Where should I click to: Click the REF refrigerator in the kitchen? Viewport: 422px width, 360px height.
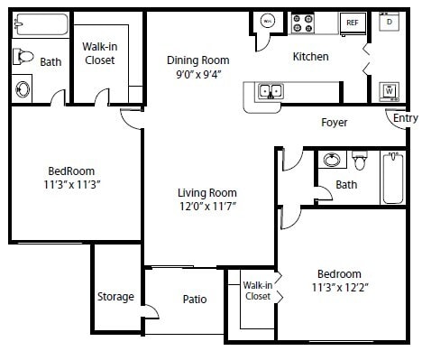click(x=352, y=22)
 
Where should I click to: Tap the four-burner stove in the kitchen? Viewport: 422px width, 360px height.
click(x=302, y=21)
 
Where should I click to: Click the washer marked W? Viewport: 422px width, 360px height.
click(x=389, y=90)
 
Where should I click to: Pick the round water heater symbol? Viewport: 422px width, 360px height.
click(x=268, y=20)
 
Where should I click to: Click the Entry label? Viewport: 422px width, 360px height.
click(x=406, y=117)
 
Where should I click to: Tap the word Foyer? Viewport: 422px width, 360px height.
click(x=335, y=122)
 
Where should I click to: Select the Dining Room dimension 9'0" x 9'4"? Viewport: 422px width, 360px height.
click(x=197, y=76)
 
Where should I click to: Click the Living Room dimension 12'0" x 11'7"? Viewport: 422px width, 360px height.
click(x=206, y=207)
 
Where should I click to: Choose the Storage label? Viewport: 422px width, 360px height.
click(x=115, y=297)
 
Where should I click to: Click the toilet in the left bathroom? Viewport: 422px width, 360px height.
click(x=24, y=57)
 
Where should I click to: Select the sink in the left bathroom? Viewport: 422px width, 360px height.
click(x=23, y=88)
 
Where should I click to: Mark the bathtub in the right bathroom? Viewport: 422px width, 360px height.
click(x=392, y=177)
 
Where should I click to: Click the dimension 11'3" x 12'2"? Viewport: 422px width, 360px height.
click(x=338, y=289)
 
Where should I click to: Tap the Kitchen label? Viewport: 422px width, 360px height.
click(x=310, y=57)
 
